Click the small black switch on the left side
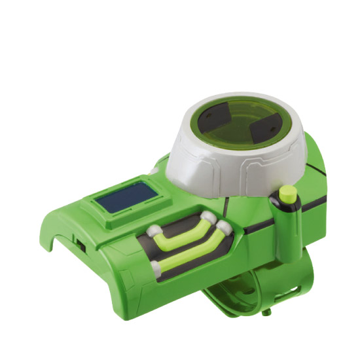click(80, 243)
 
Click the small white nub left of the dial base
click(153, 171)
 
